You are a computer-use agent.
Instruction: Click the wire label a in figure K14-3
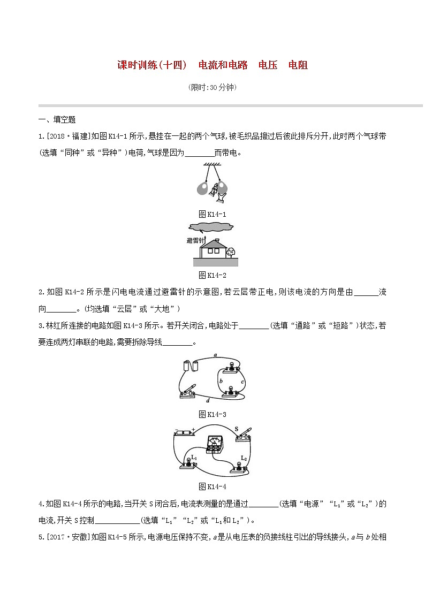point(215,355)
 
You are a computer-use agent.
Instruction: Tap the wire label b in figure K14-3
point(221,381)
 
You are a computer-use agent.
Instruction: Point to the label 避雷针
point(195,241)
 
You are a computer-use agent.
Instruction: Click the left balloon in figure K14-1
point(202,188)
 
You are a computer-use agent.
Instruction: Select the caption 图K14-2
point(212,275)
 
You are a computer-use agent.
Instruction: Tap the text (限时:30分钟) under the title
point(212,87)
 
